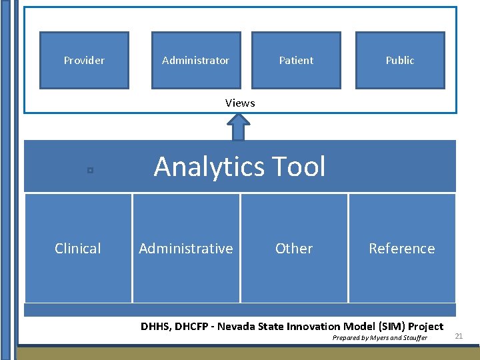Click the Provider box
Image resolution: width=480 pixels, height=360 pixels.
(84, 60)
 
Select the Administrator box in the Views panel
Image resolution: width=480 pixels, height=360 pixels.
(195, 60)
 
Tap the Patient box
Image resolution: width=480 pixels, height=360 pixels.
(296, 60)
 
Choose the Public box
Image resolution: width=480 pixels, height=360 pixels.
(400, 60)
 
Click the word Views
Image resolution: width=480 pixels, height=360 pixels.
(240, 103)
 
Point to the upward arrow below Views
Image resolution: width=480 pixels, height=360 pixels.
(239, 125)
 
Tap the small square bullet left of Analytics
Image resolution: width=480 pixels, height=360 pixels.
(89, 171)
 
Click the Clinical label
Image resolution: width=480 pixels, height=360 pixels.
(78, 249)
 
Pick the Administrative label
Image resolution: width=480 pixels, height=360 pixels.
(186, 249)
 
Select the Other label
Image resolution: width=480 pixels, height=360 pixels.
(294, 249)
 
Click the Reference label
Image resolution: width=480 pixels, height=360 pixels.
(402, 249)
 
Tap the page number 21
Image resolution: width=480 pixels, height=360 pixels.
(459, 336)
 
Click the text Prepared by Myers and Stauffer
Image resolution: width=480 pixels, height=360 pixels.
(380, 338)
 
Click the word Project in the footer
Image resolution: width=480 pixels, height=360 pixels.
(426, 326)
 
